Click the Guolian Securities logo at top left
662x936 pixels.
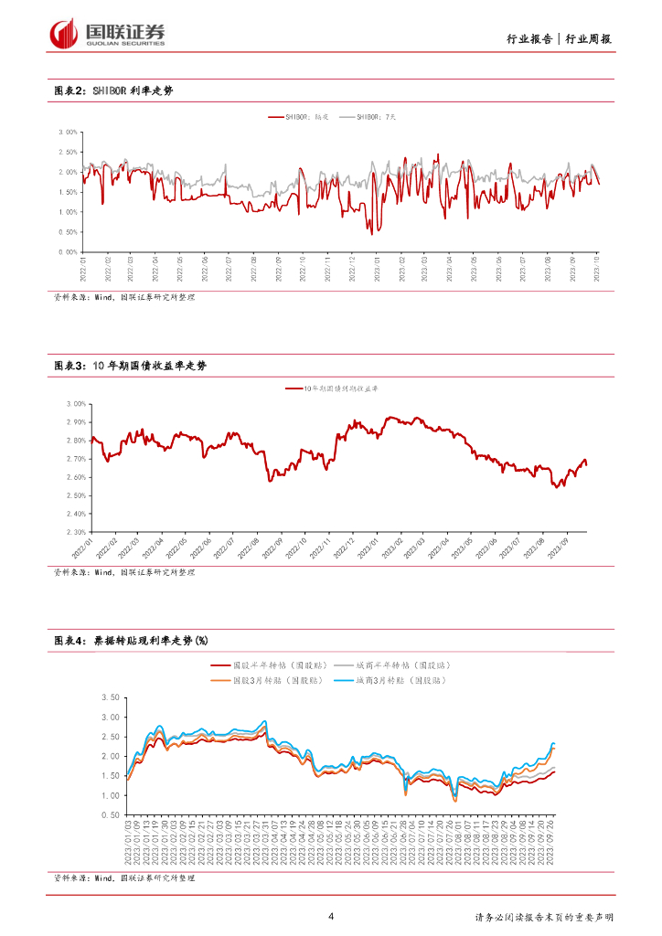coord(108,34)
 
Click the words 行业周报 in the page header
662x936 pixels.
coord(589,39)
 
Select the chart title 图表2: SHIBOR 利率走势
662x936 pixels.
coord(113,91)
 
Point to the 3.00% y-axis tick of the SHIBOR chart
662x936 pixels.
coord(68,132)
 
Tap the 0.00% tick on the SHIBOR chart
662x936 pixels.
coord(68,251)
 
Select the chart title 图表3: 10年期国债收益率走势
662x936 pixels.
coord(130,366)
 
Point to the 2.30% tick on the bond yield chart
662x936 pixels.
coord(75,532)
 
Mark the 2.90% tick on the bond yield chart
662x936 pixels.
coord(75,422)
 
